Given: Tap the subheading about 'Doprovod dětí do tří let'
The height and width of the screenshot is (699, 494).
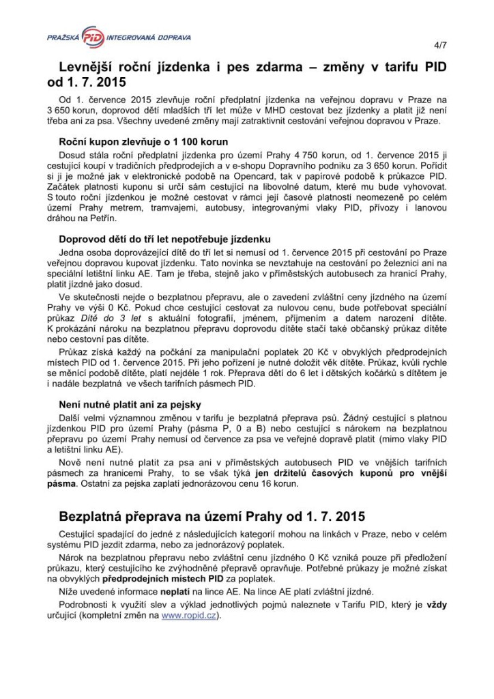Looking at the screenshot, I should [x=165, y=240].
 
